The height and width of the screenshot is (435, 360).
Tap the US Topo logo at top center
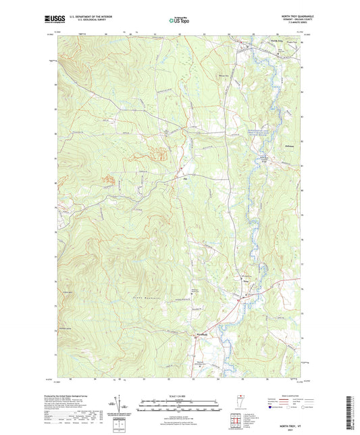tap(178, 21)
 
